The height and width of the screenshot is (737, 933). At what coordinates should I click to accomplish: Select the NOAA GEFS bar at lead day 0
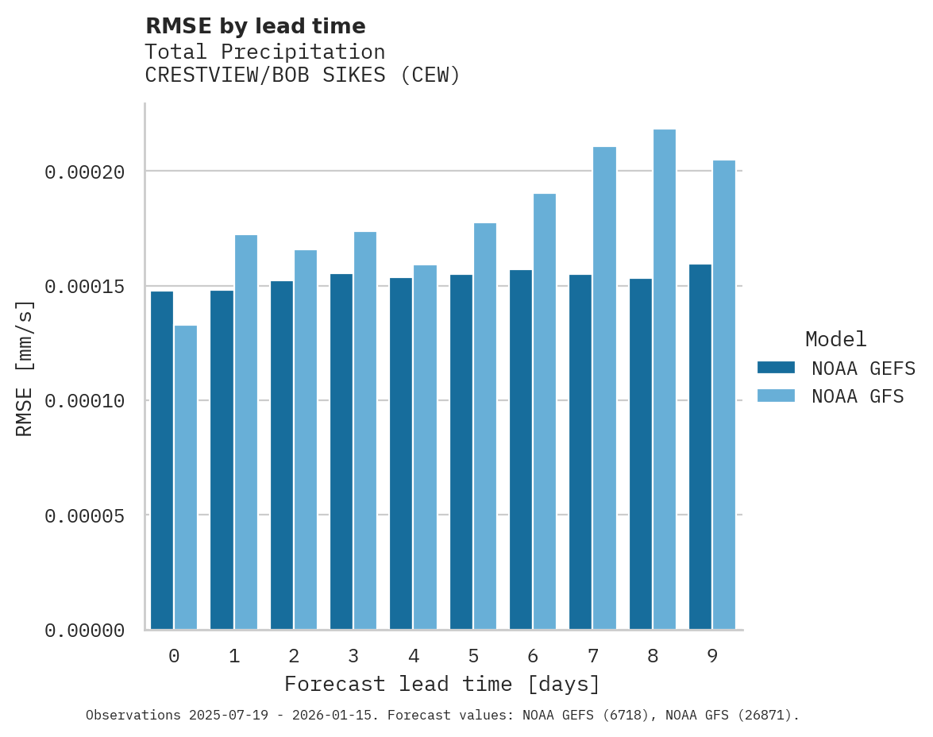(x=162, y=461)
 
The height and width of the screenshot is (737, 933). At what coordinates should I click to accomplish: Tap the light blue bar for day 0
(x=186, y=477)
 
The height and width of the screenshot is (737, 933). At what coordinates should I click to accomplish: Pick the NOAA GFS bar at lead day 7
(x=604, y=388)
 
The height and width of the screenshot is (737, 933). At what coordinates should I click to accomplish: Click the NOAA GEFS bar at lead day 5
(x=461, y=452)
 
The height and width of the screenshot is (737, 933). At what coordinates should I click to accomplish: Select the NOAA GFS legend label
(x=858, y=396)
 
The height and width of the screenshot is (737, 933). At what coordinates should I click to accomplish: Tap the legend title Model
(x=835, y=339)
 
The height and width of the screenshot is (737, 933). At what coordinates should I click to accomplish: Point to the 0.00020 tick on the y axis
(x=84, y=172)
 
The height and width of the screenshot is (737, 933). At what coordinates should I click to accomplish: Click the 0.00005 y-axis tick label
(x=84, y=515)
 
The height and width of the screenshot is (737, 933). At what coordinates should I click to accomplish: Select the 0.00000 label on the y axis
(x=84, y=631)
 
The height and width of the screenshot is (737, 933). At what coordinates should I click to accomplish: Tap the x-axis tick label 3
(x=353, y=656)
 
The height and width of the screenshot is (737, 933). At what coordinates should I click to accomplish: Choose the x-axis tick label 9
(x=712, y=656)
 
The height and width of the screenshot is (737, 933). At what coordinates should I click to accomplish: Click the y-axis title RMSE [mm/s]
(x=25, y=368)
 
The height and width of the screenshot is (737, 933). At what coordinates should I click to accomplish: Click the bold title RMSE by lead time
(x=255, y=26)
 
